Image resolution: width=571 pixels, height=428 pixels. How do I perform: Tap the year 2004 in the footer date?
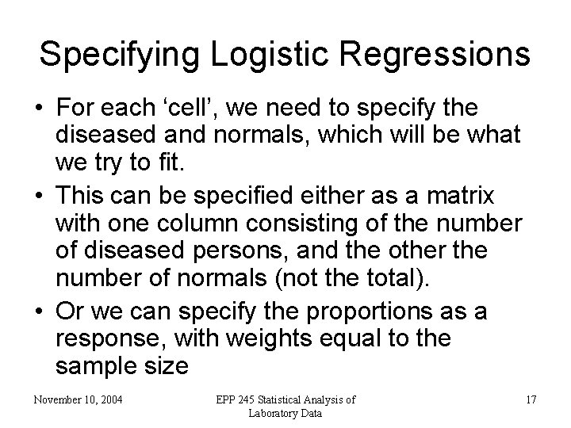(107, 399)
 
